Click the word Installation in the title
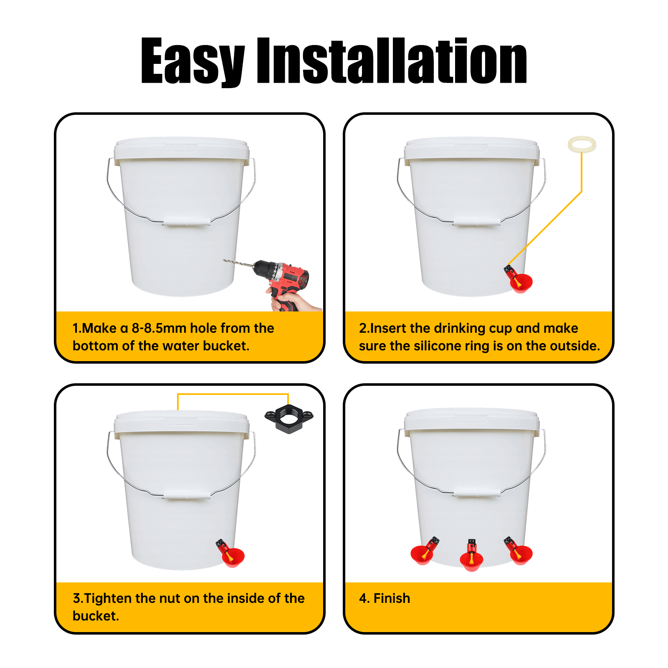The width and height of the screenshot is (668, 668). pyautogui.click(x=392, y=61)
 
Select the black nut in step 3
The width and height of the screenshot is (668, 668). pyautogui.click(x=289, y=418)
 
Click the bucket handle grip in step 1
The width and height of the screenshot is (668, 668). pyautogui.click(x=187, y=222)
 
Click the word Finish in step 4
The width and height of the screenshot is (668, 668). pyautogui.click(x=392, y=598)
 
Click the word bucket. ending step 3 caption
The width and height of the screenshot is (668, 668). pyautogui.click(x=96, y=616)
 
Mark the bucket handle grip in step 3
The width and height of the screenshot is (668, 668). pyautogui.click(x=187, y=495)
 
